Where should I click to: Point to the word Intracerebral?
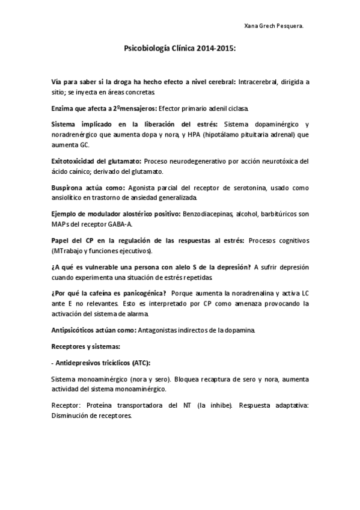(x=259, y=81)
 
